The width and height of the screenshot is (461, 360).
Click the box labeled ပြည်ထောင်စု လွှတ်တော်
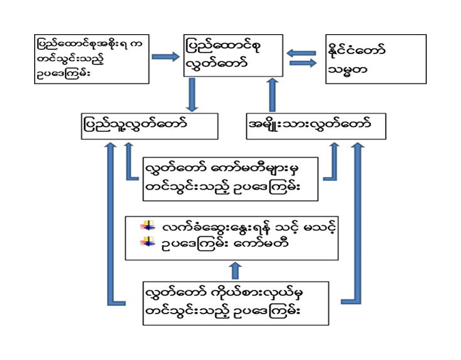click(x=233, y=55)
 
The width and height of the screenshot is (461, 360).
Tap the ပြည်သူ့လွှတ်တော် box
click(x=149, y=126)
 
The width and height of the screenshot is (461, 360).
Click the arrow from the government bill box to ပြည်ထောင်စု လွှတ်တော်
click(x=165, y=56)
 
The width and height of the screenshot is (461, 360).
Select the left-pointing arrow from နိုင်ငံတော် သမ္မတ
click(x=301, y=51)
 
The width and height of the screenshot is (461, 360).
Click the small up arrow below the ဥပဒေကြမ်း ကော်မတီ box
click(x=235, y=270)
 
